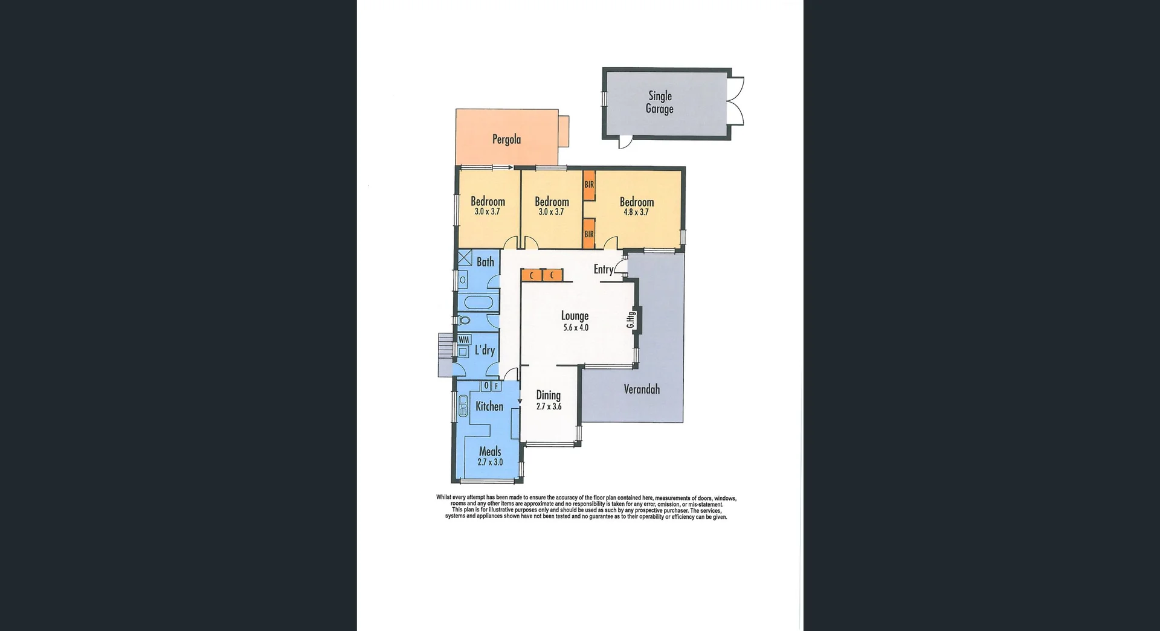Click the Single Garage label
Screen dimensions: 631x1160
coord(659,102)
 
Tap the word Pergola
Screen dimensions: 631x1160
coord(506,139)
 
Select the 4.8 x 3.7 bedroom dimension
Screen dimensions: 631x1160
coord(636,212)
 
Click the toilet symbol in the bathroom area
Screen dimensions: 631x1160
coord(463,320)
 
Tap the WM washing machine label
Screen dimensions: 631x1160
coord(463,340)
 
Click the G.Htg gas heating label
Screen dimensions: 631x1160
coord(631,319)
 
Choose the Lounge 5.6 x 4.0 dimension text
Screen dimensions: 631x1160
coord(575,328)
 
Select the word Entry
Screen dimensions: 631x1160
coord(603,269)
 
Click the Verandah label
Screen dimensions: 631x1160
coord(641,389)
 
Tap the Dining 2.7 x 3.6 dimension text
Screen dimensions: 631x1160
coord(549,406)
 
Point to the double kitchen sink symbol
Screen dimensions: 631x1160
coord(463,405)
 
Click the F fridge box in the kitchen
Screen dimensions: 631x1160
coord(496,385)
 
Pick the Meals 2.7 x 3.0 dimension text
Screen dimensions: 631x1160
coord(489,462)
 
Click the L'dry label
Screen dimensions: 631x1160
coord(485,350)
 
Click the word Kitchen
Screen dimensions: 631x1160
coord(489,406)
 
